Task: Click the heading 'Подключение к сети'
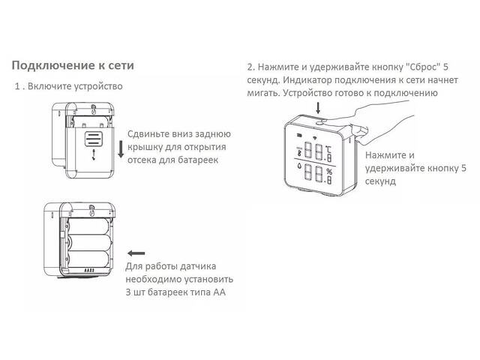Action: (x=73, y=65)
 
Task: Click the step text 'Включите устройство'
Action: (x=75, y=86)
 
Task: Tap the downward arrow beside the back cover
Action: (x=120, y=148)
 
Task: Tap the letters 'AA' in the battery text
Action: (x=218, y=292)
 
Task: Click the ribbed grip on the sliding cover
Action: (x=93, y=138)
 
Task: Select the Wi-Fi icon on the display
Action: (x=315, y=138)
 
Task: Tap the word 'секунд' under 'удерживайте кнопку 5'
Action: (x=381, y=182)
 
